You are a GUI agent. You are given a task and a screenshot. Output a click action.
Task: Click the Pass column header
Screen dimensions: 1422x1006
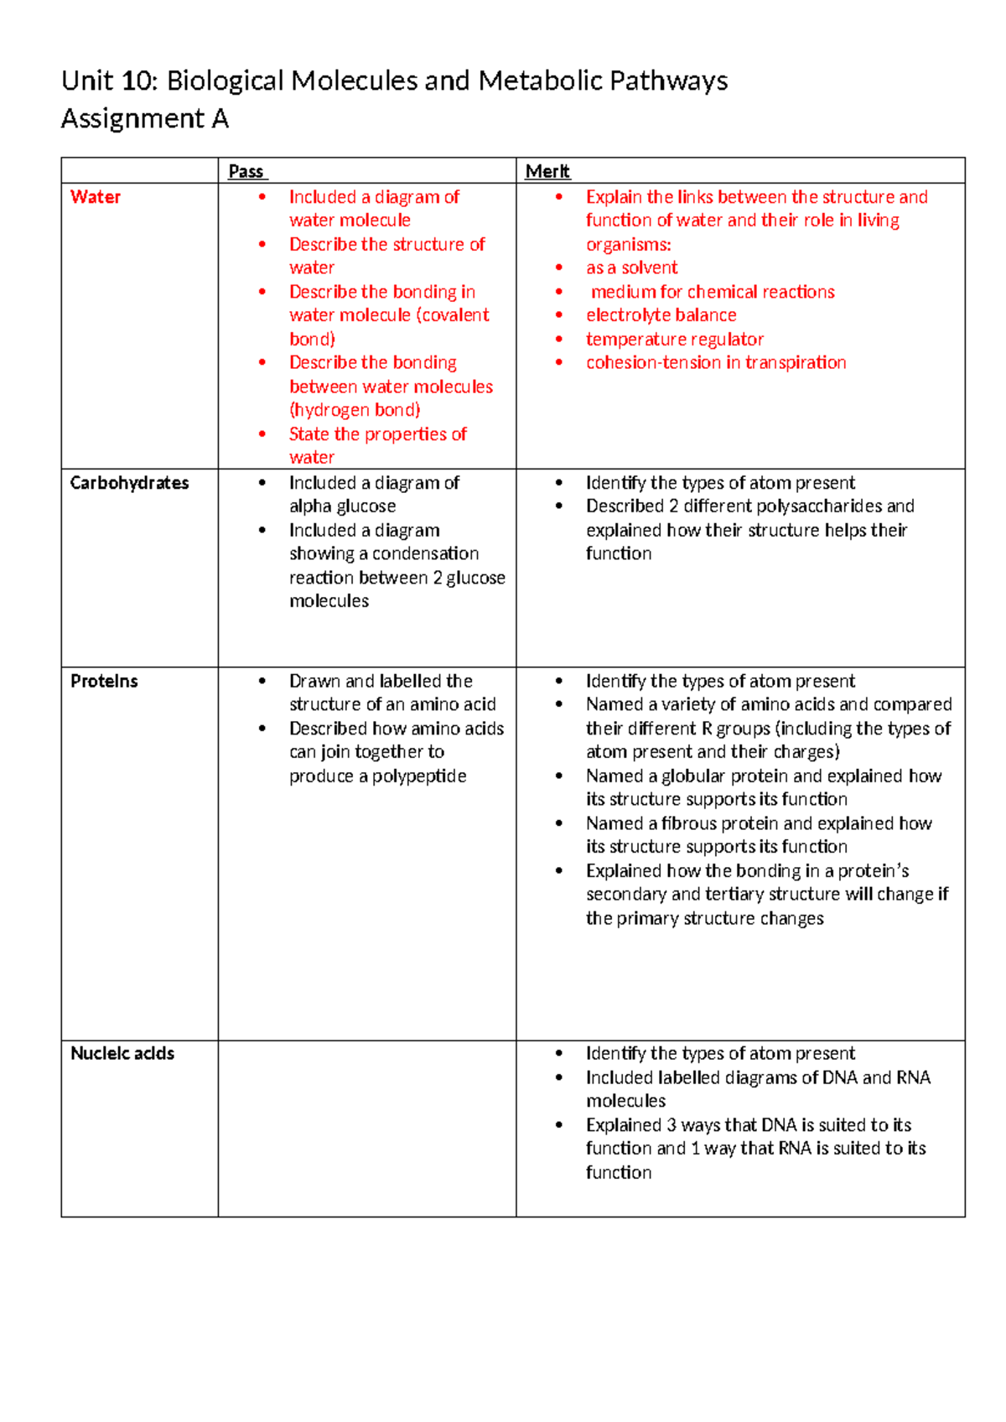click(x=246, y=171)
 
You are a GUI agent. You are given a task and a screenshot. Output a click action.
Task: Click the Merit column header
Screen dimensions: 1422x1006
click(x=547, y=171)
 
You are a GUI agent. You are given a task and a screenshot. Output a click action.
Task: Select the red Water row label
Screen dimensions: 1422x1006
click(x=96, y=197)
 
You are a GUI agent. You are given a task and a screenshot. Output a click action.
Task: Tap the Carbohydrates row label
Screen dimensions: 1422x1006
click(x=129, y=483)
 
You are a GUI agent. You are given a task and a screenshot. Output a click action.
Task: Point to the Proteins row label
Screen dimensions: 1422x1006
click(x=104, y=681)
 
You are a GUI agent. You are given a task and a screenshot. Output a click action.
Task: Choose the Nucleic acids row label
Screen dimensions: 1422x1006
click(x=122, y=1053)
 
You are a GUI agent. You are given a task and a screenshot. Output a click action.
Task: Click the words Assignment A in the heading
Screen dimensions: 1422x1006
click(x=144, y=119)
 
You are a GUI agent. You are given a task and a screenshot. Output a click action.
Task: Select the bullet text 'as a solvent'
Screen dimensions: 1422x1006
click(x=631, y=267)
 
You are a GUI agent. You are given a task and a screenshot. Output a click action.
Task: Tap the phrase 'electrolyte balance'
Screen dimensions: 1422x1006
click(x=661, y=315)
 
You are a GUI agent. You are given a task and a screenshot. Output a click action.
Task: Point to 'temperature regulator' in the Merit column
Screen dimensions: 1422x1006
click(x=674, y=339)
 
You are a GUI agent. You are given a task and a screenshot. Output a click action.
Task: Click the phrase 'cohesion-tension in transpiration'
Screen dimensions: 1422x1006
click(x=715, y=362)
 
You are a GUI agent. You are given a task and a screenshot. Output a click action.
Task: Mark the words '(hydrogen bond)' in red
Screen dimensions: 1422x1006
click(x=355, y=410)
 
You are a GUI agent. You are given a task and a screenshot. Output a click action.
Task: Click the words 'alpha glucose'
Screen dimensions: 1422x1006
click(x=342, y=506)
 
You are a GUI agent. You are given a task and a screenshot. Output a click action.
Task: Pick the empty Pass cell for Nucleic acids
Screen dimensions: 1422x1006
click(x=366, y=1128)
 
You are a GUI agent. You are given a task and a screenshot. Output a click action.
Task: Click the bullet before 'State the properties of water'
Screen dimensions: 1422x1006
click(x=262, y=433)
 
